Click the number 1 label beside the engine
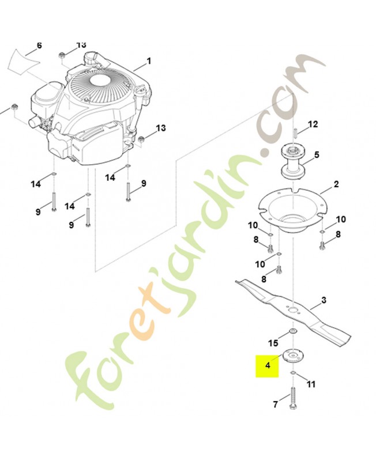pyautogui.click(x=149, y=61)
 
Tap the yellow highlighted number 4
pyautogui.click(x=267, y=365)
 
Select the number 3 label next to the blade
pyautogui.click(x=324, y=300)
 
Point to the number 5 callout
pyautogui.click(x=316, y=155)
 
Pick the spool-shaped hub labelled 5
pyautogui.click(x=294, y=161)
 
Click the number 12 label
pyautogui.click(x=313, y=124)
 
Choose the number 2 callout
pyautogui.click(x=336, y=186)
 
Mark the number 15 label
pyautogui.click(x=275, y=343)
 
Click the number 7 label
pyautogui.click(x=275, y=405)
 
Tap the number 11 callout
pyautogui.click(x=311, y=383)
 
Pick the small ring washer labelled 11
pyautogui.click(x=294, y=375)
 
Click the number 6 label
pyautogui.click(x=39, y=45)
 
